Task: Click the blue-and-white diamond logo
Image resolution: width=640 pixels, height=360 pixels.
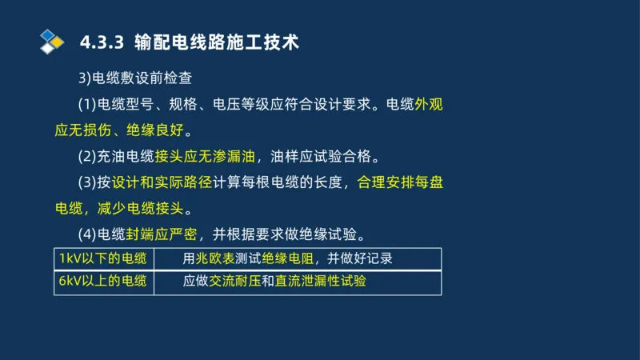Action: point(51,41)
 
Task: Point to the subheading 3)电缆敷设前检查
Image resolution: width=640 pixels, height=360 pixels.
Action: point(132,78)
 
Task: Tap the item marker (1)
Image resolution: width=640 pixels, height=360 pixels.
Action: point(86,105)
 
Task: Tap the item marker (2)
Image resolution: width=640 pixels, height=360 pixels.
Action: point(86,156)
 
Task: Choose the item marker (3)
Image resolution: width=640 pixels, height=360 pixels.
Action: point(86,182)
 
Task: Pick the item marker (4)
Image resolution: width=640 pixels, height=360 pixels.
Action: point(86,234)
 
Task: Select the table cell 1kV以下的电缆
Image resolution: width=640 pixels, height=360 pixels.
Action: point(102,259)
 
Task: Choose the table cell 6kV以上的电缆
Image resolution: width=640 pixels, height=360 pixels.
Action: point(102,282)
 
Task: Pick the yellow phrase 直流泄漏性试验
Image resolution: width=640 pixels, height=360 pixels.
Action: point(320,282)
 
